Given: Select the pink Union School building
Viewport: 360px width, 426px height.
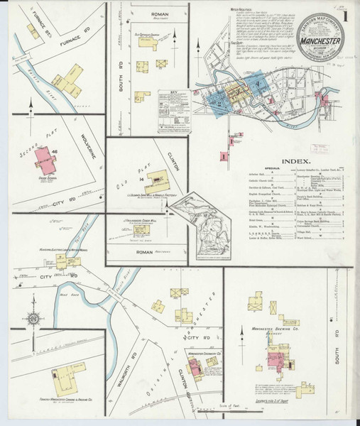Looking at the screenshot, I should click(46, 162).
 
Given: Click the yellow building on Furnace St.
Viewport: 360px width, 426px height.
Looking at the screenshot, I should click(33, 31).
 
